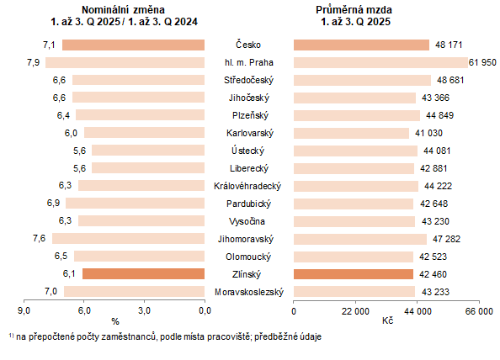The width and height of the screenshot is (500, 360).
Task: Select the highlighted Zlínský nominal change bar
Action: click(x=143, y=273)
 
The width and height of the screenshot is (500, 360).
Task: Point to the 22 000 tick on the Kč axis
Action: click(x=355, y=311)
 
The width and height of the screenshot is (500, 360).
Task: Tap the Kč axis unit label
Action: click(x=387, y=321)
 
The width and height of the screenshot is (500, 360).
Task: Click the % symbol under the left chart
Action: click(x=114, y=321)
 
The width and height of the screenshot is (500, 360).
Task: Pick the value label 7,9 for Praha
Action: click(x=34, y=62)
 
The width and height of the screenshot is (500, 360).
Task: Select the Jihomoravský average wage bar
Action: click(x=359, y=238)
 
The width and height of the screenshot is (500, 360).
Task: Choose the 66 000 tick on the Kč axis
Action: click(x=479, y=311)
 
